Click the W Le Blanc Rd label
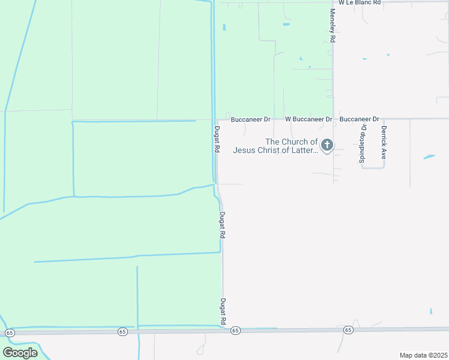click(360, 3)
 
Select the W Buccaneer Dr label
click(309, 119)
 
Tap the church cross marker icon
click(327, 145)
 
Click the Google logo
click(20, 353)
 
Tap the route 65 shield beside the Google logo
click(10, 332)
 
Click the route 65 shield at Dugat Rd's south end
click(235, 331)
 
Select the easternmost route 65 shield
click(348, 330)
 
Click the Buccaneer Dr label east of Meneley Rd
click(359, 119)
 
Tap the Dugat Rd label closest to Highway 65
click(223, 312)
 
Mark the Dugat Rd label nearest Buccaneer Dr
click(217, 139)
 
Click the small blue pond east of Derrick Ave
click(429, 157)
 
